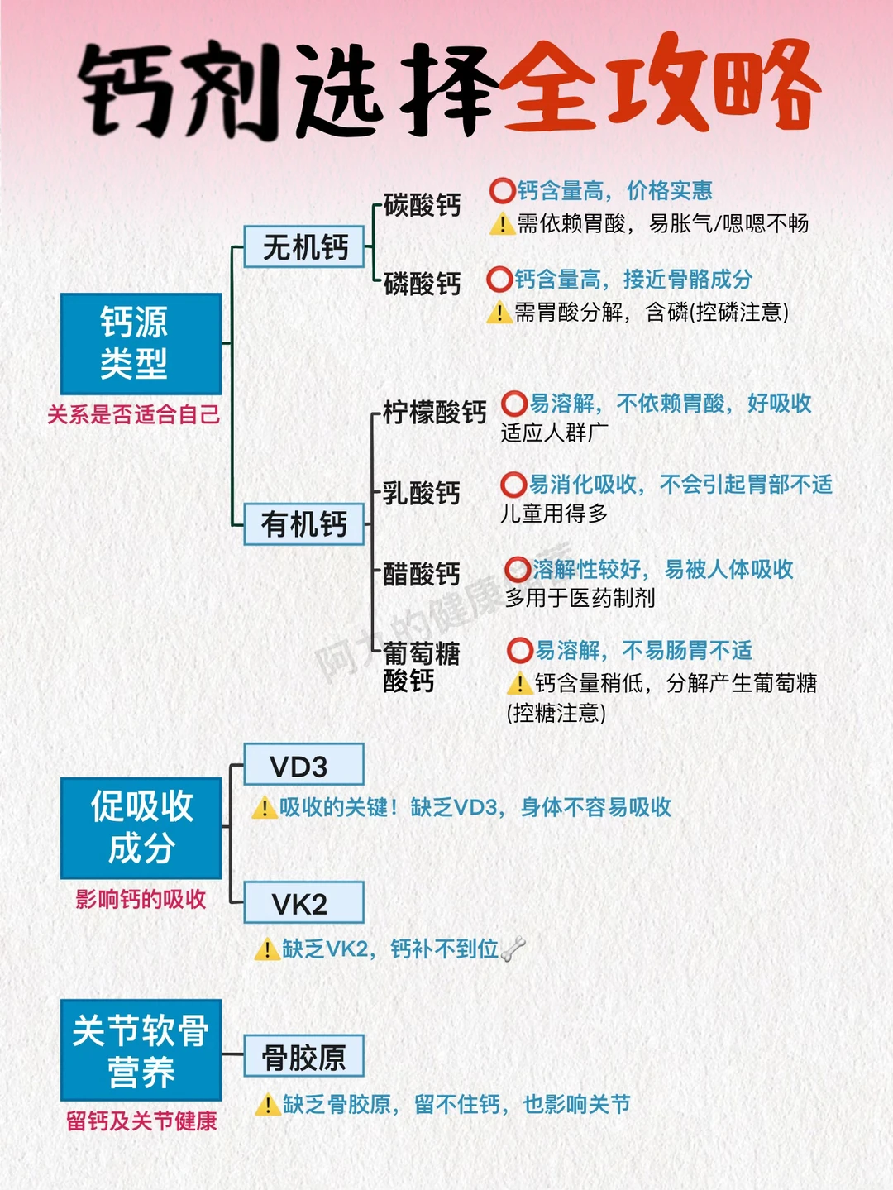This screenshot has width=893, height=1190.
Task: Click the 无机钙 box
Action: [x=304, y=246]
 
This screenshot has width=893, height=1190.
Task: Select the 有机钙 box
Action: [x=304, y=523]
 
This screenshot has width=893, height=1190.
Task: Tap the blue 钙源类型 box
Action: [x=141, y=343]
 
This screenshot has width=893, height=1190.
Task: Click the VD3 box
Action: [x=303, y=765]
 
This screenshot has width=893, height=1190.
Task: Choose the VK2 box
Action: [x=303, y=903]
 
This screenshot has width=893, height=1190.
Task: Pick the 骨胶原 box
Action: [x=303, y=1056]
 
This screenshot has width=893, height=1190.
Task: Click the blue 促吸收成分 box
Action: [x=141, y=827]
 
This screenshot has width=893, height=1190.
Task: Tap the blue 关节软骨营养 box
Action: [x=141, y=1050]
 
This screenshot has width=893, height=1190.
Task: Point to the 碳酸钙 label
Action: [x=422, y=205]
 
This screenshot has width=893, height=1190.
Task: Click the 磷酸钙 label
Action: [x=422, y=284]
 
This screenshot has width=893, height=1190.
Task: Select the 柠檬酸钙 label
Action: [x=434, y=412]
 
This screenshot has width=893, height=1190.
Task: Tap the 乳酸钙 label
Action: [x=422, y=493]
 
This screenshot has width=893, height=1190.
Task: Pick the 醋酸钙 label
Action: [x=422, y=573]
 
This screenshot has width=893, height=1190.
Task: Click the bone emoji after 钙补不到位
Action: [x=513, y=949]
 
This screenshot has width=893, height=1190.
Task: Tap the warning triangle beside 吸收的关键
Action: [x=264, y=807]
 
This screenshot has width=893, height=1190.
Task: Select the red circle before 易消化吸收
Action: [x=513, y=485]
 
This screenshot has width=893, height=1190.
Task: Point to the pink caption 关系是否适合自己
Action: [x=134, y=414]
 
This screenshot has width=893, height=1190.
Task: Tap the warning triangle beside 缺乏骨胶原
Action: [x=267, y=1104]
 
